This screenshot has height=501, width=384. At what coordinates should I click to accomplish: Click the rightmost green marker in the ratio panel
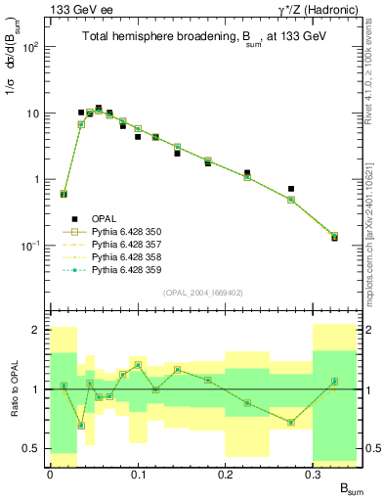click(x=334, y=382)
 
